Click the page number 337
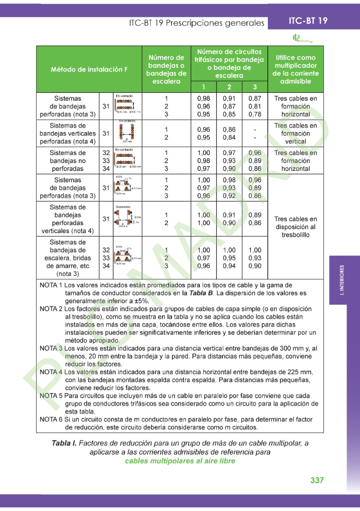coord(317,480)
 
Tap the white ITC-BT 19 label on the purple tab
coord(308,21)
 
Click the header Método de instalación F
coord(89,69)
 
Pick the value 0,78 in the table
coord(254,114)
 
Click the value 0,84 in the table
coord(229,137)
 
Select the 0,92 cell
coord(229,196)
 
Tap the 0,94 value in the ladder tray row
coord(229,266)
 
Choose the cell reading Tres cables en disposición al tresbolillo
coord(296,227)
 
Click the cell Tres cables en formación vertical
coord(296,133)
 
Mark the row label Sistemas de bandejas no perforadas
coord(68,161)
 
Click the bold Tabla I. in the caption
coord(64,443)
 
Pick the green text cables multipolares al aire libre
coord(180,461)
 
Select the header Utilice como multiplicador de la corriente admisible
coord(296,69)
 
